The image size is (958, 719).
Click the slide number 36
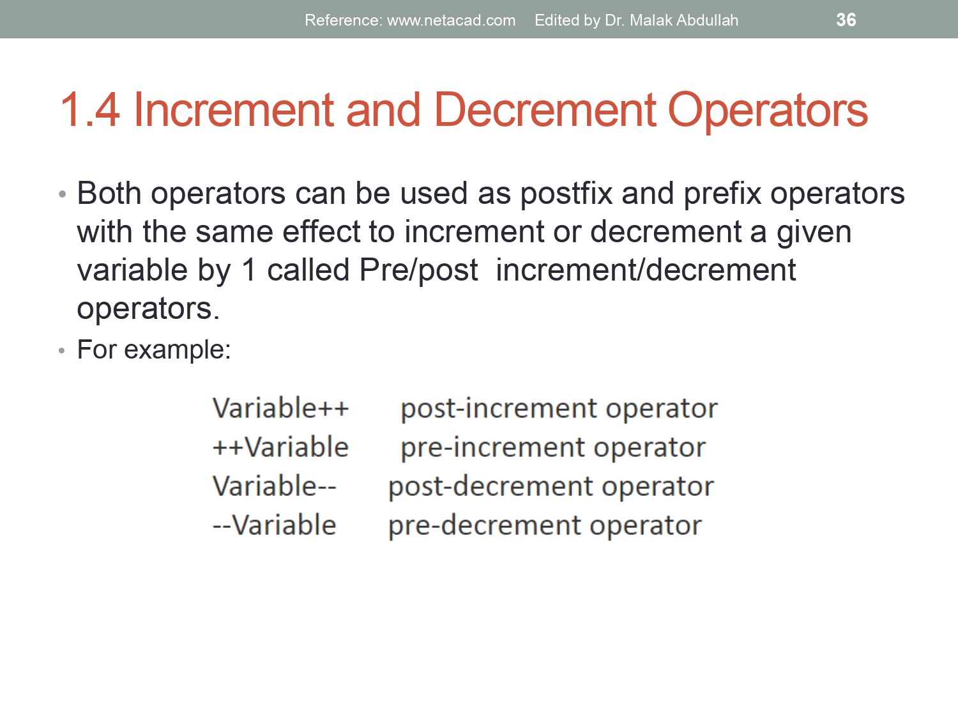[846, 20]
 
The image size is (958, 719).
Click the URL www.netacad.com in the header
[451, 20]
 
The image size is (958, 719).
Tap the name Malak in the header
[650, 20]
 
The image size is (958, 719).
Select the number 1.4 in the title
[89, 110]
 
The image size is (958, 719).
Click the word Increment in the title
[233, 110]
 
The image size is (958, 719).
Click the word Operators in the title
[768, 110]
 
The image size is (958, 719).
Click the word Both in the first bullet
[109, 193]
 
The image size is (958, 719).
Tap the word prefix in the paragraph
[722, 193]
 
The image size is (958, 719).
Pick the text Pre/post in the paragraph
[418, 270]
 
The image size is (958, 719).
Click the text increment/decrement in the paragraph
[645, 270]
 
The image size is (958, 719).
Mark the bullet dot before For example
[62, 351]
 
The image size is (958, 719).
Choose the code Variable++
[280, 408]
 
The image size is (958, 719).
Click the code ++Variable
[280, 447]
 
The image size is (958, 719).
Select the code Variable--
[274, 486]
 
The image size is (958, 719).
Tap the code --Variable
[274, 525]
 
